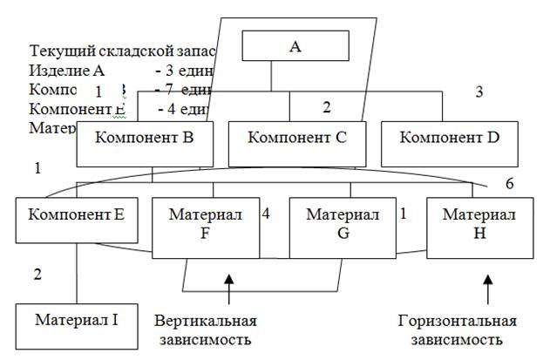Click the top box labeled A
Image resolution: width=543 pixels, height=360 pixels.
[x=295, y=46]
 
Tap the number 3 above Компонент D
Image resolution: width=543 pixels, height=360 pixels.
[x=479, y=91]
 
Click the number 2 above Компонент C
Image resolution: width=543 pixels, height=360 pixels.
[x=326, y=107]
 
